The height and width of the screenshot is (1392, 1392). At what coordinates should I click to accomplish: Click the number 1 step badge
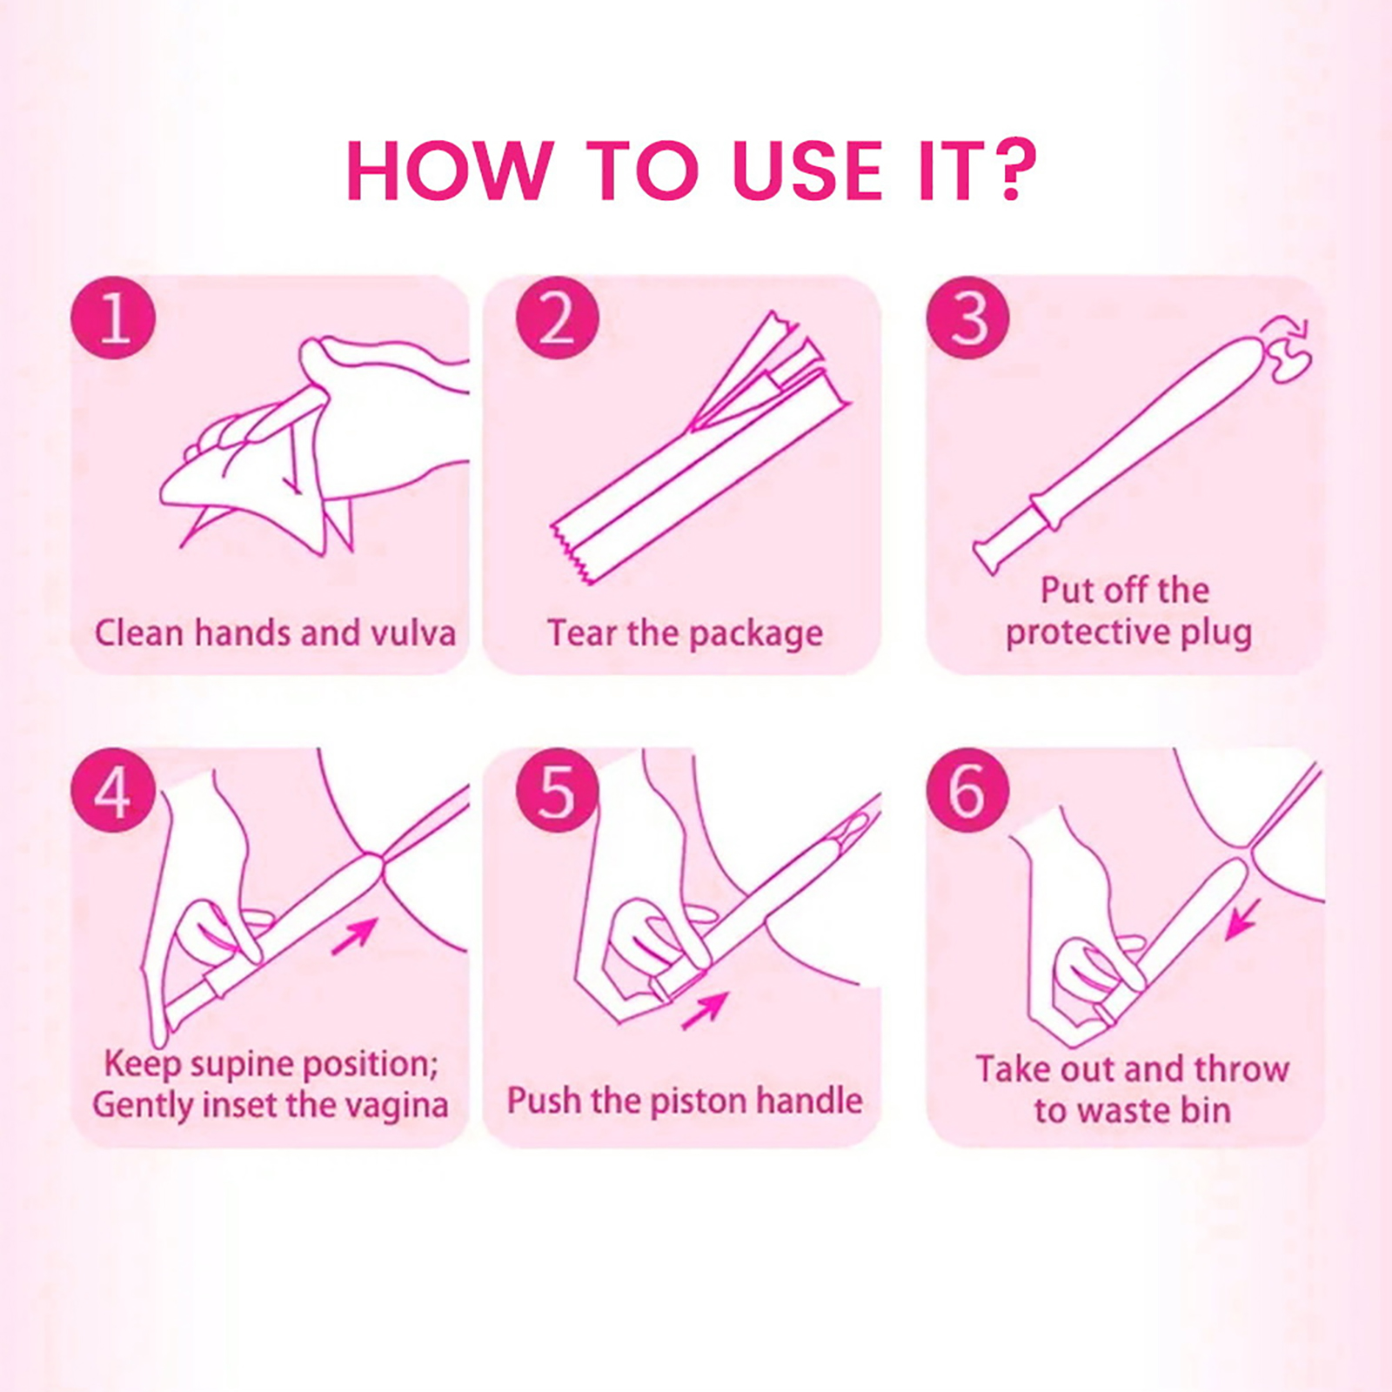tap(113, 317)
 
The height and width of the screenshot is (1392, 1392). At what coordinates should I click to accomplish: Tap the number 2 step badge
tap(558, 317)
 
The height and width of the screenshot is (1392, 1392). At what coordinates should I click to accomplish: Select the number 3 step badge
tap(968, 317)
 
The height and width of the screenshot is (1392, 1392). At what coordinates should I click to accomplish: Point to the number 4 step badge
tap(113, 792)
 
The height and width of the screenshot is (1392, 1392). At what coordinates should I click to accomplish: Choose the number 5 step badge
tap(558, 792)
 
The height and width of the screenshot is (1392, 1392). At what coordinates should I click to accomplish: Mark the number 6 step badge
tap(968, 792)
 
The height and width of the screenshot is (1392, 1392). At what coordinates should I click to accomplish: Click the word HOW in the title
tap(450, 170)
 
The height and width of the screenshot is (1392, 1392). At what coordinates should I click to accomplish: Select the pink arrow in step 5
tap(704, 1011)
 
